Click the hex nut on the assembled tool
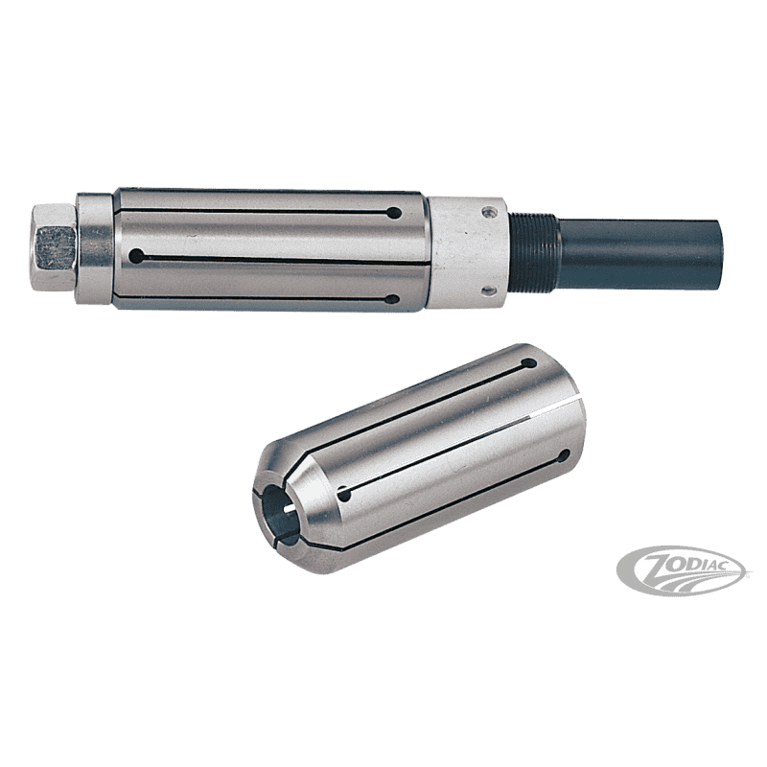[x=53, y=247]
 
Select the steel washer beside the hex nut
[x=94, y=248]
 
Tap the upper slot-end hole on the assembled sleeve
[x=394, y=213]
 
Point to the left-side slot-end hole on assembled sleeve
[x=136, y=255]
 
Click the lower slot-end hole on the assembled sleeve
[x=392, y=299]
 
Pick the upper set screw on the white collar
[x=486, y=212]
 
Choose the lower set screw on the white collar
[x=487, y=291]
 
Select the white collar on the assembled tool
[x=467, y=253]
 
